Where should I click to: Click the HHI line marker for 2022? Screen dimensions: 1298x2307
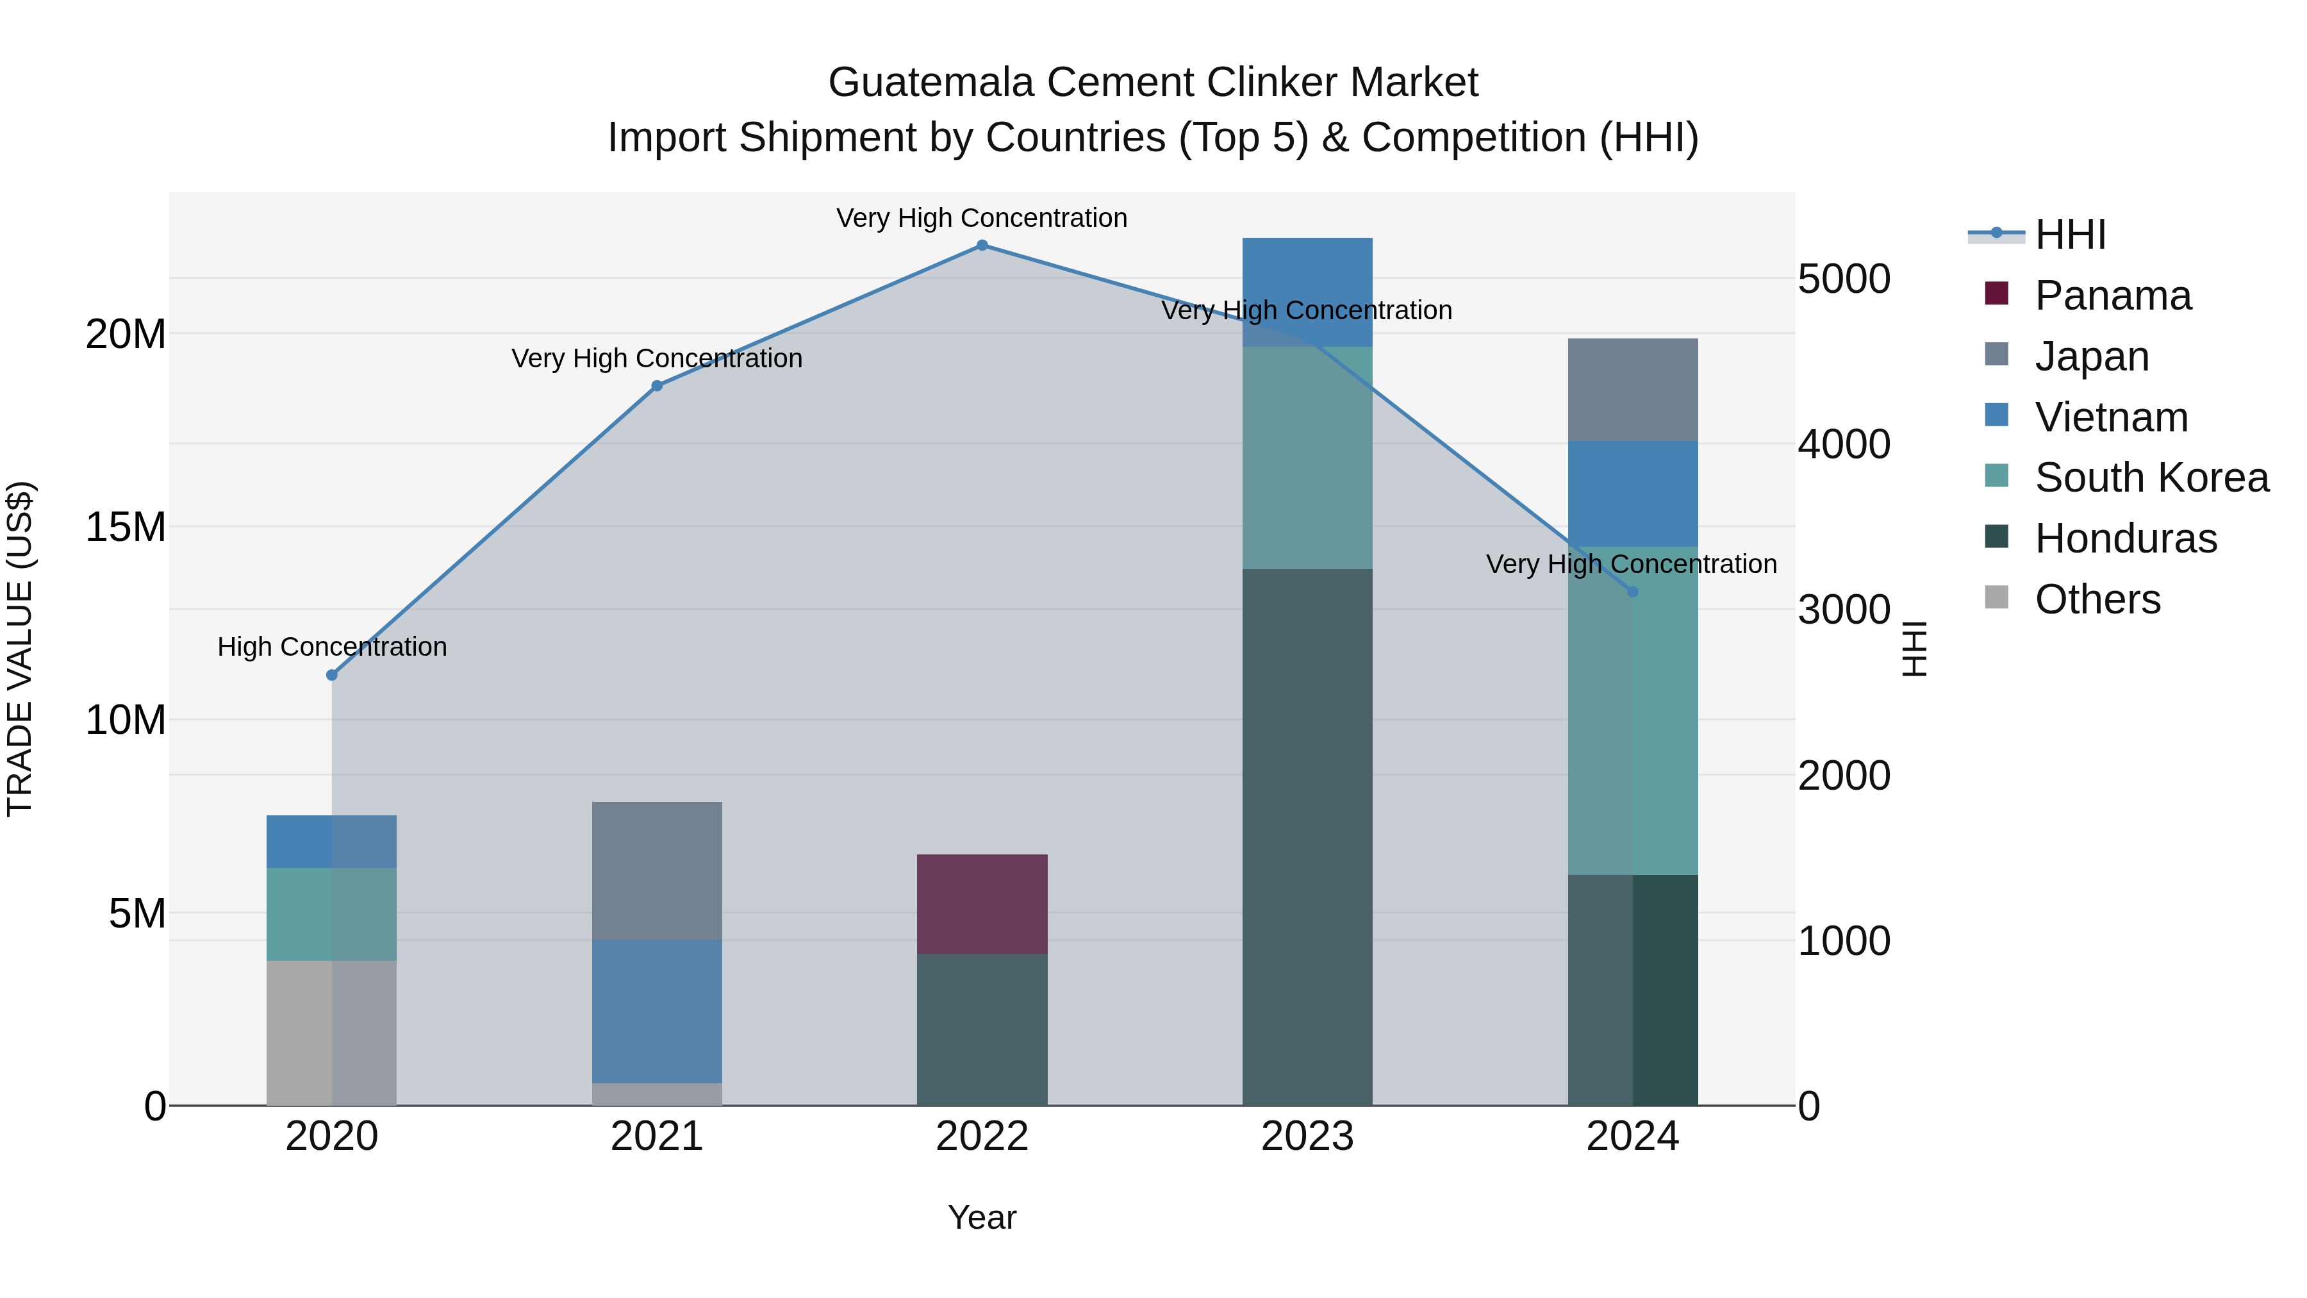coord(982,245)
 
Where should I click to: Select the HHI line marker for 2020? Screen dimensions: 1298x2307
coord(331,676)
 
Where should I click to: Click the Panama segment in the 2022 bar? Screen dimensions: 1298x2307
coord(982,904)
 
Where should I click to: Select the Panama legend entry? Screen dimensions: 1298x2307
coord(2112,295)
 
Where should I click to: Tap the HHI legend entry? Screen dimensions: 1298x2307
coord(2069,235)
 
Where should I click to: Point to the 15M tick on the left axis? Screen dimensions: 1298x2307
coord(126,527)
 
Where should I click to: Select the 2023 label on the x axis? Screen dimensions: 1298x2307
coord(1307,1136)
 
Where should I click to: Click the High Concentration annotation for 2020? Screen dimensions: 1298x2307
coord(331,647)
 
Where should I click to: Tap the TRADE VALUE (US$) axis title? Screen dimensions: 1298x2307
coord(21,649)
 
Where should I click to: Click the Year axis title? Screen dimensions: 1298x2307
coord(982,1217)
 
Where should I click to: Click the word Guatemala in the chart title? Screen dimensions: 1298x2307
coord(931,83)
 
